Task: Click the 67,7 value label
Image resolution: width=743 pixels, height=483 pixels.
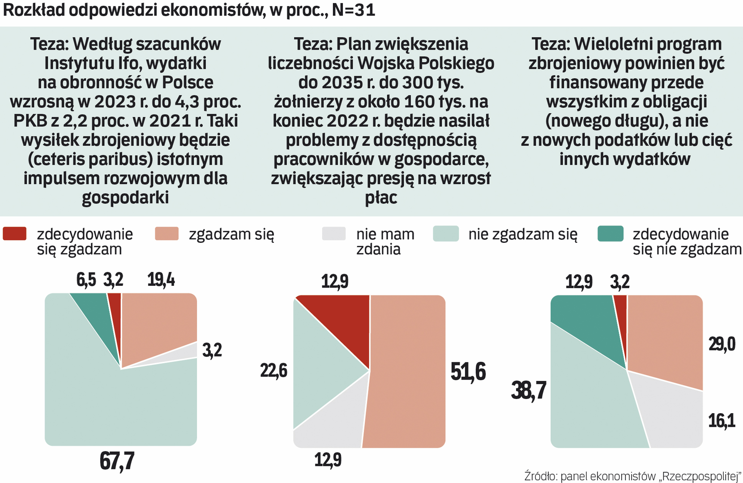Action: pos(117,461)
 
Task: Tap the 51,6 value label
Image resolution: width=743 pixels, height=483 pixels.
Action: pos(468,372)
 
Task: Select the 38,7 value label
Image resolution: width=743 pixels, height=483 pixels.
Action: pos(529,390)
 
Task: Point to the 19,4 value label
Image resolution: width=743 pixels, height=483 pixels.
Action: pos(161,280)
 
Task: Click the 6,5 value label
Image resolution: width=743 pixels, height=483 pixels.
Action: pos(86,280)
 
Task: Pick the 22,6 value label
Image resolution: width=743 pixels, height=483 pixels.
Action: pos(273,371)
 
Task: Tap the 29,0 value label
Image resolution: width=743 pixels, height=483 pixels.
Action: pos(722,344)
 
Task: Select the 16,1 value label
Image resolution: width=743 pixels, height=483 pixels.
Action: pos(722,421)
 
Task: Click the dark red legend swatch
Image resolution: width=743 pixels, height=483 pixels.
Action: pos(14,233)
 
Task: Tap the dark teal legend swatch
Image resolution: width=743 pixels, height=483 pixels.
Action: pos(610,233)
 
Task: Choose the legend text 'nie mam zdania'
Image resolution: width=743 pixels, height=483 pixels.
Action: pos(385,241)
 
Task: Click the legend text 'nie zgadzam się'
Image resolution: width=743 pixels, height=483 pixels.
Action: pos(523,234)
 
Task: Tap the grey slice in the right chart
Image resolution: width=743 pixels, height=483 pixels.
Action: pos(667,411)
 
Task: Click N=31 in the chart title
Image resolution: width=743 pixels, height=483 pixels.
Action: pos(354,10)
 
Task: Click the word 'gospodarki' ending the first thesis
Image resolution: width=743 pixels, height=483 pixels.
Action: pos(125,197)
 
